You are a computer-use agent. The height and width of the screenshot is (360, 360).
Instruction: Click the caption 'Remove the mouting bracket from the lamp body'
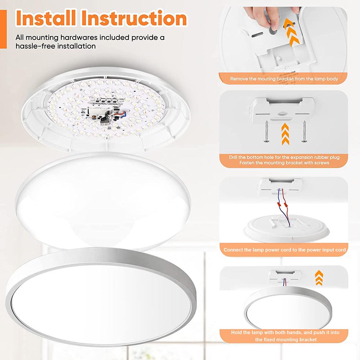click(x=284, y=78)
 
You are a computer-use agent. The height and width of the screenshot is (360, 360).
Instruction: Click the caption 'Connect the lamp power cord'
click(x=284, y=249)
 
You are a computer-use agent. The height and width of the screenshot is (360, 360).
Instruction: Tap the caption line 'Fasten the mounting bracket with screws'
click(x=284, y=163)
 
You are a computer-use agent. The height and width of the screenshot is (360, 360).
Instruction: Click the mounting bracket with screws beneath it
click(x=284, y=108)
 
